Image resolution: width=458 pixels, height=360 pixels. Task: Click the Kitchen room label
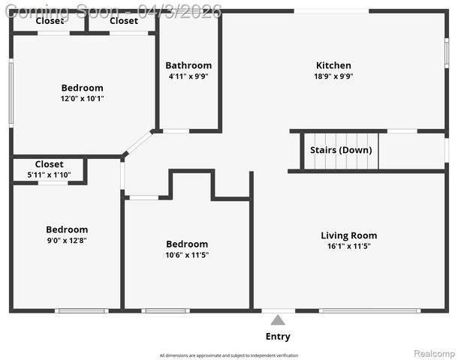click(x=333, y=65)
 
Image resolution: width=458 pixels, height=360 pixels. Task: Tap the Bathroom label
click(x=188, y=65)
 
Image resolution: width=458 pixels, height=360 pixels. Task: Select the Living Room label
click(x=348, y=235)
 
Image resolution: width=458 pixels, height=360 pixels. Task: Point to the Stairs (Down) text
click(x=340, y=150)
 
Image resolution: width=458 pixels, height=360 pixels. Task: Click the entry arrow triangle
click(x=278, y=320)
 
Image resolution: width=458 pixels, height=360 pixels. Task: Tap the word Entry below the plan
click(x=278, y=337)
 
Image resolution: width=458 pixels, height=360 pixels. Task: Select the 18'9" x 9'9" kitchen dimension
click(x=333, y=76)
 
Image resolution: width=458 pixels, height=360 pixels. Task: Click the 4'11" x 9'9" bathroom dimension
click(x=188, y=76)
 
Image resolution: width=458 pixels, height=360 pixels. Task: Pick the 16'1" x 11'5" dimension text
click(x=348, y=246)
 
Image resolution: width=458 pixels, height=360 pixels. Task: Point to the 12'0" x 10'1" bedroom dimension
click(x=83, y=98)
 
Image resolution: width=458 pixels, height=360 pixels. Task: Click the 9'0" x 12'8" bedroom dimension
click(x=67, y=240)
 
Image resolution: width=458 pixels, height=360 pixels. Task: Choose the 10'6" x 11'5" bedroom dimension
click(x=187, y=255)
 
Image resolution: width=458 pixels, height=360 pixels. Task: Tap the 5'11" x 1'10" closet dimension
click(x=49, y=175)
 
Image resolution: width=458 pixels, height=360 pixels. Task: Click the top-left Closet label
click(x=50, y=21)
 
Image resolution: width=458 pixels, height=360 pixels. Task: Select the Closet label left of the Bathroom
click(x=124, y=21)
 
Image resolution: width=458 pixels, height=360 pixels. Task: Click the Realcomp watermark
click(x=434, y=352)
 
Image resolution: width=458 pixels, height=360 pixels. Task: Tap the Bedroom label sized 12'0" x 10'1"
click(x=83, y=88)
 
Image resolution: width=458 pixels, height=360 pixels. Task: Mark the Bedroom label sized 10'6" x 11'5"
click(x=187, y=244)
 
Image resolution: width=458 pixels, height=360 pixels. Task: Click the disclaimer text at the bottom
click(x=229, y=355)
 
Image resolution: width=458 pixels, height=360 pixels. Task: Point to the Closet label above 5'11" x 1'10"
click(x=49, y=164)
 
